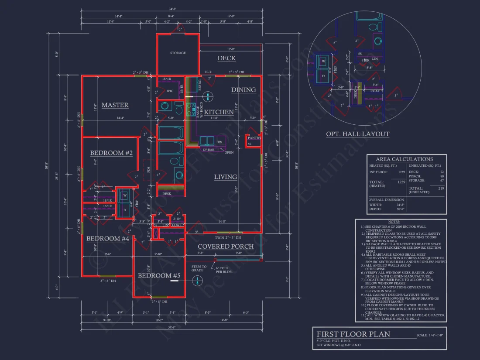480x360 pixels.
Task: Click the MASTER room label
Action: [x=115, y=105]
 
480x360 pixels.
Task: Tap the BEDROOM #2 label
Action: [x=111, y=153]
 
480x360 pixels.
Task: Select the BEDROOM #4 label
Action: [x=108, y=239]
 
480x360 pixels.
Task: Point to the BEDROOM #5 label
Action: [x=159, y=276]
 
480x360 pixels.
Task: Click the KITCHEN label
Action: [x=219, y=112]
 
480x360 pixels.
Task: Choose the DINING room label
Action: [x=243, y=90]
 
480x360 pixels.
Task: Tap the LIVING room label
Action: [x=226, y=177]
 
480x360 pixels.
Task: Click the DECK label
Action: [x=226, y=58]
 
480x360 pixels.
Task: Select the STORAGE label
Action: [x=178, y=53]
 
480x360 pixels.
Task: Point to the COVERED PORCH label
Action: [x=226, y=247]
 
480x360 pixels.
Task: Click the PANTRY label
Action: [x=254, y=138]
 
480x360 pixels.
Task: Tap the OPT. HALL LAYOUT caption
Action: [x=358, y=134]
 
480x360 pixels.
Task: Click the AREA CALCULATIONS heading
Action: [x=405, y=159]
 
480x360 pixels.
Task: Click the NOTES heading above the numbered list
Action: [x=400, y=222]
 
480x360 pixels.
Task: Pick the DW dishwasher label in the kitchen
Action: [x=219, y=142]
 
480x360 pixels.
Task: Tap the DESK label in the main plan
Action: [x=166, y=193]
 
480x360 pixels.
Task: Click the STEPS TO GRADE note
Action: [x=199, y=268]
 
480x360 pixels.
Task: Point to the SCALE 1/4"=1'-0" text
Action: [x=430, y=335]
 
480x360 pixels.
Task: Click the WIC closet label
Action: [x=170, y=91]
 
